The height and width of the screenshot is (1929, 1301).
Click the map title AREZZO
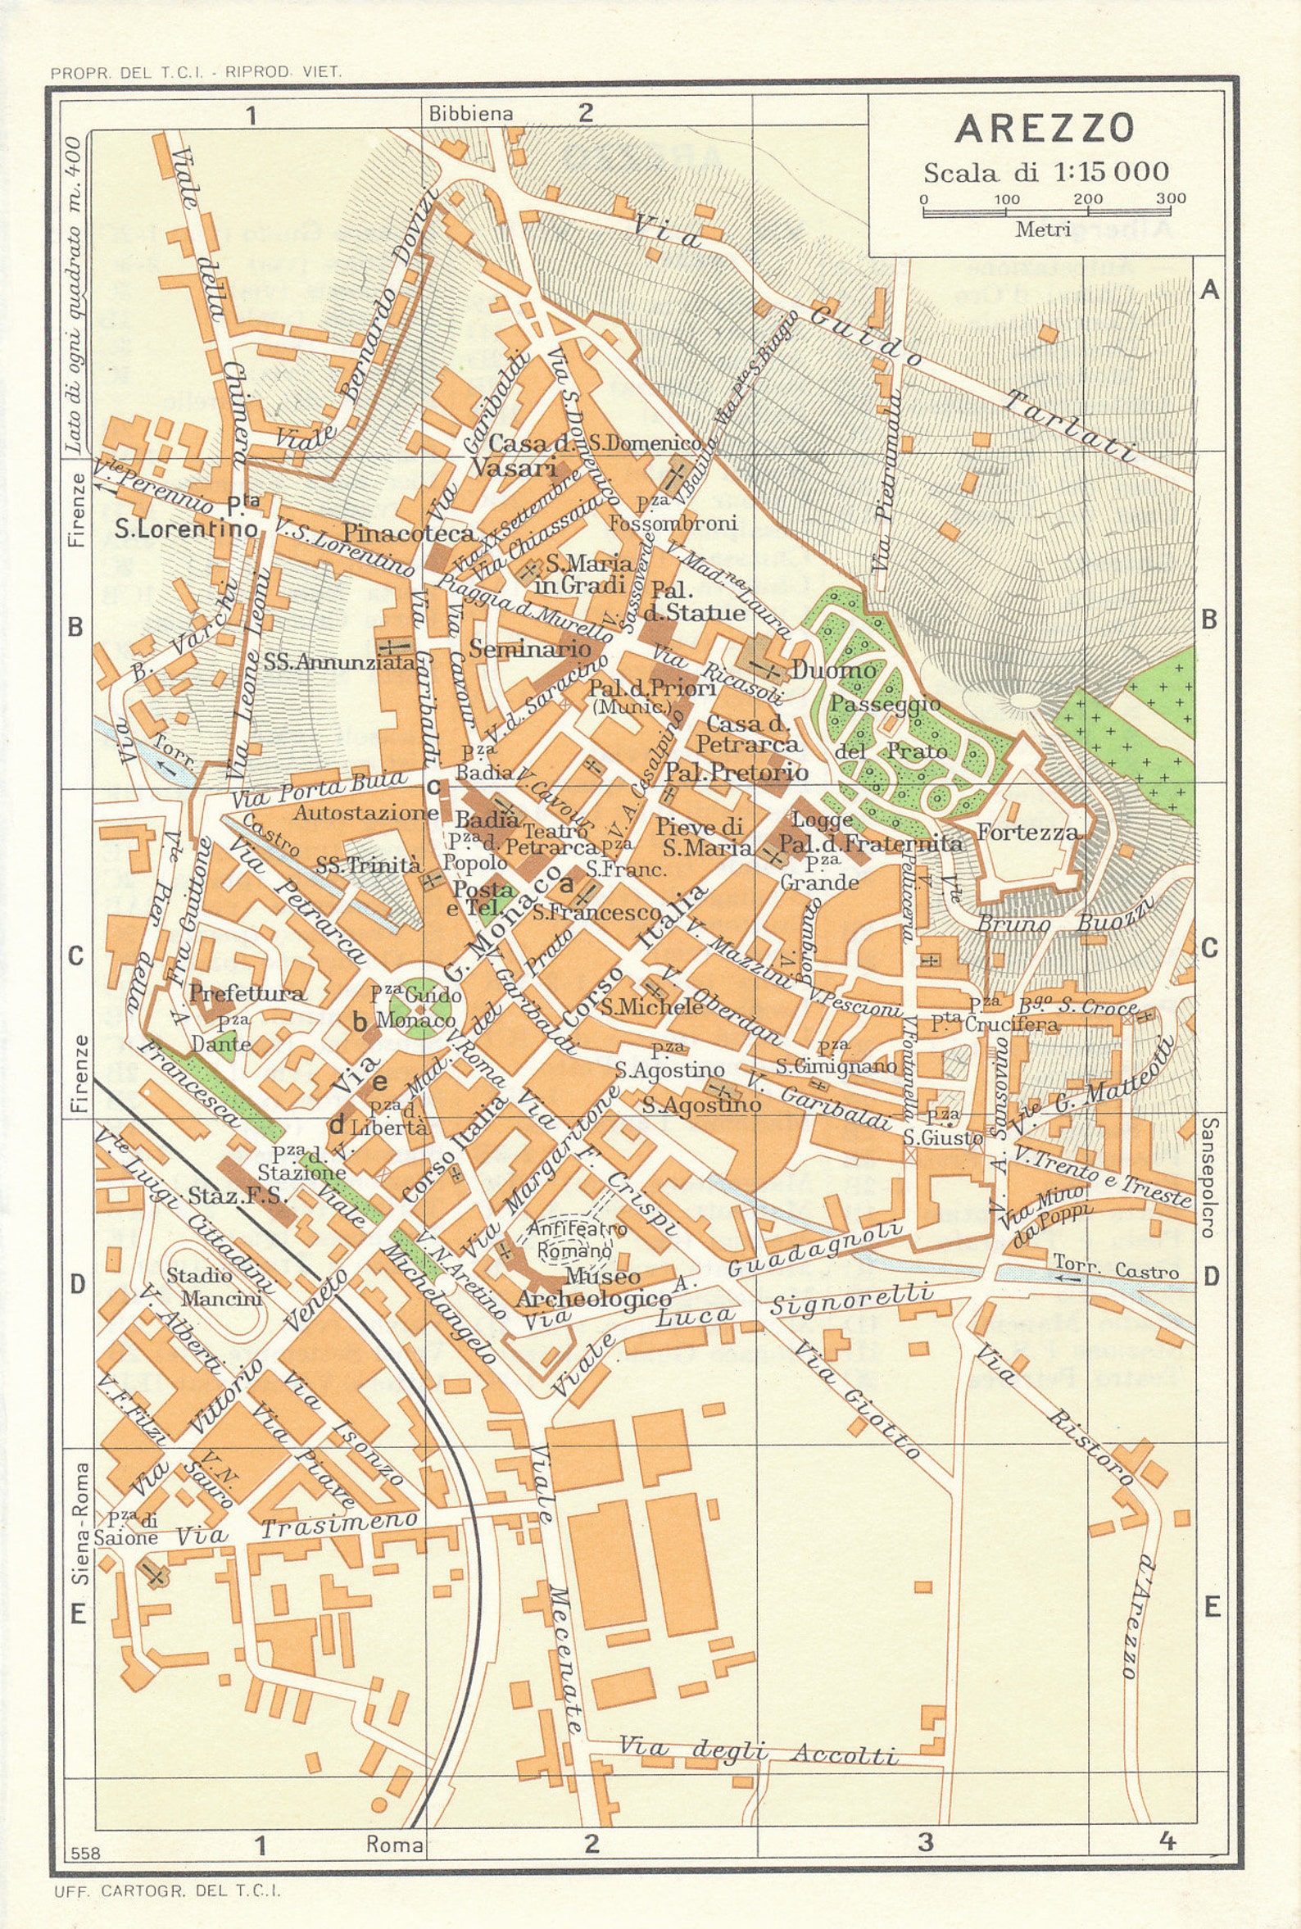pos(1044,129)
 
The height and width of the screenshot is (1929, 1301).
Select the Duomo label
pos(833,669)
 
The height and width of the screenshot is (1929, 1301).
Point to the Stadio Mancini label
pos(213,1287)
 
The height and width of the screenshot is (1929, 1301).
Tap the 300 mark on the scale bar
pos(1171,199)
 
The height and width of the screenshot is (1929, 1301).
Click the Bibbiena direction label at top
pos(470,114)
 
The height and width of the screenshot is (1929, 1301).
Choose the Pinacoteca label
pos(408,533)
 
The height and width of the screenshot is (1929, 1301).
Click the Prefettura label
pos(247,992)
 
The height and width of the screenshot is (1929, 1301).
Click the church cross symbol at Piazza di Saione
pos(152,1574)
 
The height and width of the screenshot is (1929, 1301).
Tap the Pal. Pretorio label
pos(736,773)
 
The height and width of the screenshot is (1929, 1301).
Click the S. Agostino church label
pos(701,1105)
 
